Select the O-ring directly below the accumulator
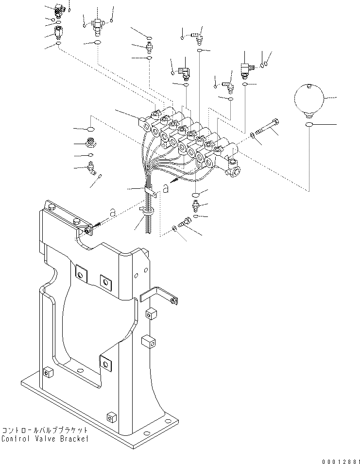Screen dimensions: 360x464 309,125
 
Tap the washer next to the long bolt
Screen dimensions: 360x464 252,135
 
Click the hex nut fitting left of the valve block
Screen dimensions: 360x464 90,143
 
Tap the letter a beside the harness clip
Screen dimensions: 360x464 166,188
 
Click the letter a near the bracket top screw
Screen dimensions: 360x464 113,213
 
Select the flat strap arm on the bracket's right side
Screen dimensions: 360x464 158,295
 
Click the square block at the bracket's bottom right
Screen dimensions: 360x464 111,417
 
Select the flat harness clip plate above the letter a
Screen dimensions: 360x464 151,191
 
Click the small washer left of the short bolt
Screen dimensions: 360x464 174,228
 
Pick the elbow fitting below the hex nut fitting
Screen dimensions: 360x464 91,167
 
